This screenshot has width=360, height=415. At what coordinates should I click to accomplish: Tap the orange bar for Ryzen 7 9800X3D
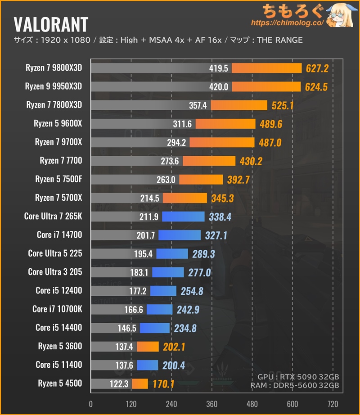point(266,68)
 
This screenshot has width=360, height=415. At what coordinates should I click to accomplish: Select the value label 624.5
point(316,87)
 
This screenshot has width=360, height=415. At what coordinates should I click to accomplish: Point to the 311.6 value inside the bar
point(182,124)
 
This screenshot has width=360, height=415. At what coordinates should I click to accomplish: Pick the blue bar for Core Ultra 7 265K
point(183,217)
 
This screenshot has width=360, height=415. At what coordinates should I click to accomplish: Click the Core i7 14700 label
point(59,235)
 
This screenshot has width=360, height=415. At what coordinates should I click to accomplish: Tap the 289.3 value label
point(204,254)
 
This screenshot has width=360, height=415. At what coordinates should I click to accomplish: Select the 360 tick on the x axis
point(212,403)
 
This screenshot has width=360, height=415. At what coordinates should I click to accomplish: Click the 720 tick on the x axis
point(333,403)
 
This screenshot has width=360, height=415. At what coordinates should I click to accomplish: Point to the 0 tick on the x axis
point(91,403)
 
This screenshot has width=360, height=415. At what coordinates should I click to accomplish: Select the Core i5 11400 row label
point(59,365)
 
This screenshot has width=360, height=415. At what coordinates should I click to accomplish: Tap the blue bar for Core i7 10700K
point(159,309)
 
